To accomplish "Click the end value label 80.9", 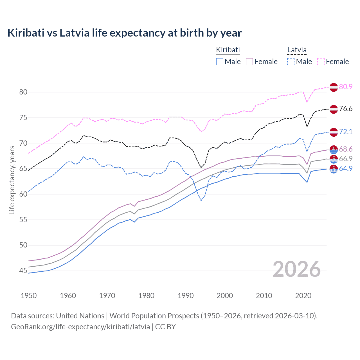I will (x=346, y=87).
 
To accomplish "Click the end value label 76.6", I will (x=346, y=109).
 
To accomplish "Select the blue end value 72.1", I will (x=346, y=132).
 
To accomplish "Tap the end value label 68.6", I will (x=346, y=149).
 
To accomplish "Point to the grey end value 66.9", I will (x=346, y=159).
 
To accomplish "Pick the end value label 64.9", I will (x=346, y=169).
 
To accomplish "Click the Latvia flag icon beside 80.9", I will (x=334, y=87).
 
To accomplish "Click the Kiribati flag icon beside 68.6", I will (x=334, y=150).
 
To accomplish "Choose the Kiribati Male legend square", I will (x=220, y=62).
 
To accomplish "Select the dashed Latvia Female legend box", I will (x=321, y=62).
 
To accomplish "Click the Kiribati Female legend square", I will (x=249, y=62).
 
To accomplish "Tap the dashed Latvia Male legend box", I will (x=291, y=62).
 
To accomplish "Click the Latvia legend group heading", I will (x=297, y=50).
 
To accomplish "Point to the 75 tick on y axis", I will (x=23, y=118).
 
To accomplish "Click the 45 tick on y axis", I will (x=23, y=271).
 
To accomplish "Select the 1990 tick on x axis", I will (x=186, y=296).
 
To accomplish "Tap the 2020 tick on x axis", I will (x=303, y=296).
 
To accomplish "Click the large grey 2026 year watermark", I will (x=296, y=269).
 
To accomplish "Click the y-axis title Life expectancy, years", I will (x=12, y=180).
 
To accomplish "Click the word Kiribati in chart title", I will (x=26, y=33).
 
